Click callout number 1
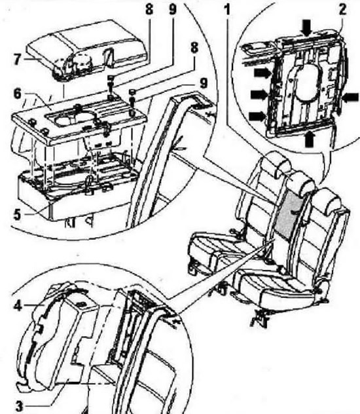[x=227, y=10]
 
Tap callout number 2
[x=342, y=10]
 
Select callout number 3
[x=19, y=406]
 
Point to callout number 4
[x=18, y=306]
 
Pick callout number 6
[x=17, y=94]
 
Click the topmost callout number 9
[x=172, y=10]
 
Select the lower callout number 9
[x=204, y=84]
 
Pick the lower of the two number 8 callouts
[x=194, y=48]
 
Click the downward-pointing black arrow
[x=307, y=28]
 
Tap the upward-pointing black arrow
[x=309, y=138]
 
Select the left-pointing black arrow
[x=351, y=98]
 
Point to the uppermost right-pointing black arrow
[x=262, y=73]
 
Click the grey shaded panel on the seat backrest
[x=289, y=214]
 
